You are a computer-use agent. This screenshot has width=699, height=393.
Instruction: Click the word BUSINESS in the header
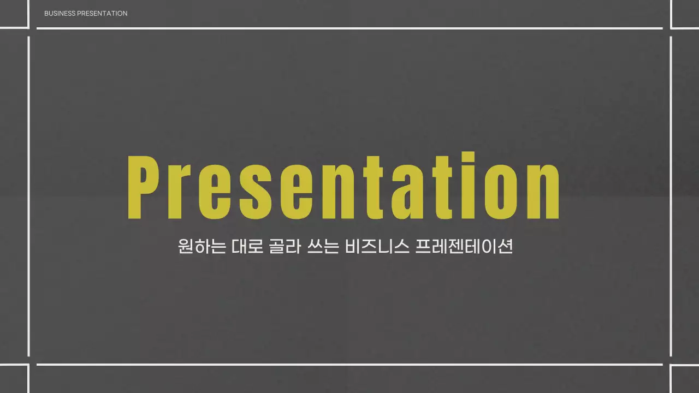coord(60,13)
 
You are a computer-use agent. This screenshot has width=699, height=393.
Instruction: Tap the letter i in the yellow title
coord(466,187)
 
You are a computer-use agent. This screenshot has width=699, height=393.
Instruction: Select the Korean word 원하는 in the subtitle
coord(202,247)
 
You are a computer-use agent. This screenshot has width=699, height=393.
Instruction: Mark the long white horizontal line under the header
coord(349,28)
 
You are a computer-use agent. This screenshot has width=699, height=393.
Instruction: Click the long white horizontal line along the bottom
coord(349,364)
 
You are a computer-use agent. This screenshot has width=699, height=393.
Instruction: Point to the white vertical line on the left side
coord(28,196)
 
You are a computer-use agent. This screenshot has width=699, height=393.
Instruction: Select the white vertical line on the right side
coord(671,196)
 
